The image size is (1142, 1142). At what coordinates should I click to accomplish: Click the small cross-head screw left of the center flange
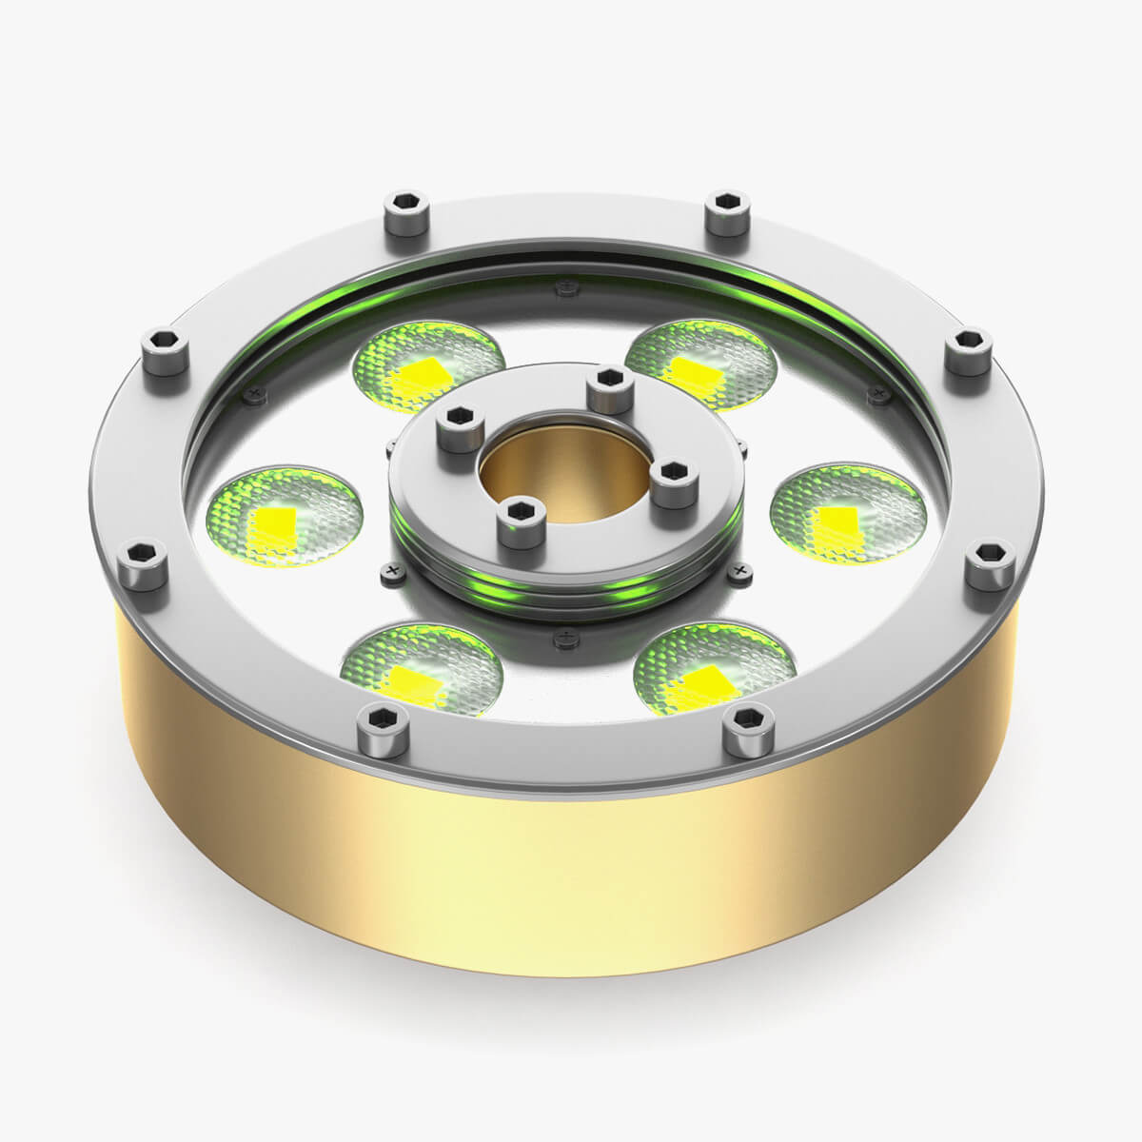pyautogui.click(x=388, y=571)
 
